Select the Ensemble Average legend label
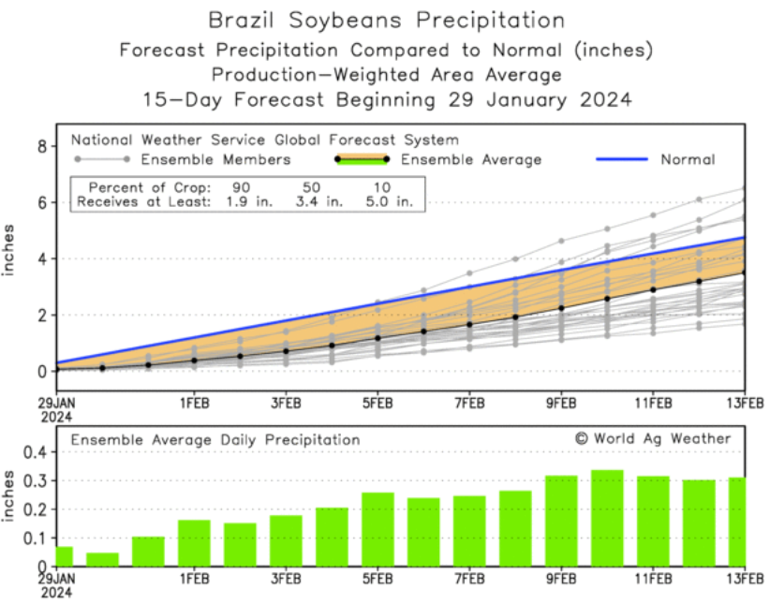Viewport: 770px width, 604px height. pyautogui.click(x=471, y=159)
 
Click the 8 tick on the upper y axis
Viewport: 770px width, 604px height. pyautogui.click(x=42, y=146)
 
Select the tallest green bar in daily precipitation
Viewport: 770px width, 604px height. pyautogui.click(x=608, y=518)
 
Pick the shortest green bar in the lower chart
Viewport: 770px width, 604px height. pyautogui.click(x=102, y=559)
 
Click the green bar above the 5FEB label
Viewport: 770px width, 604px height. pyautogui.click(x=378, y=529)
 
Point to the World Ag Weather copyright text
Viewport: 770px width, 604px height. pyautogui.click(x=653, y=438)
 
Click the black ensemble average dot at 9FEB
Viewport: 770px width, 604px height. pyautogui.click(x=561, y=308)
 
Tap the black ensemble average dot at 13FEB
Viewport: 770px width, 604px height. pyautogui.click(x=744, y=273)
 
